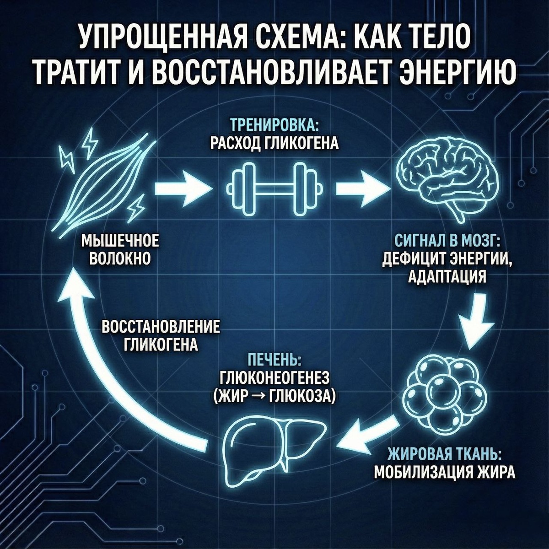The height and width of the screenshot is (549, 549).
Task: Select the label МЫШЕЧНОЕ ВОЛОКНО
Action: (x=120, y=249)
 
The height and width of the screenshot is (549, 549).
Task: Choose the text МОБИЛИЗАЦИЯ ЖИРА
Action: (x=445, y=472)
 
